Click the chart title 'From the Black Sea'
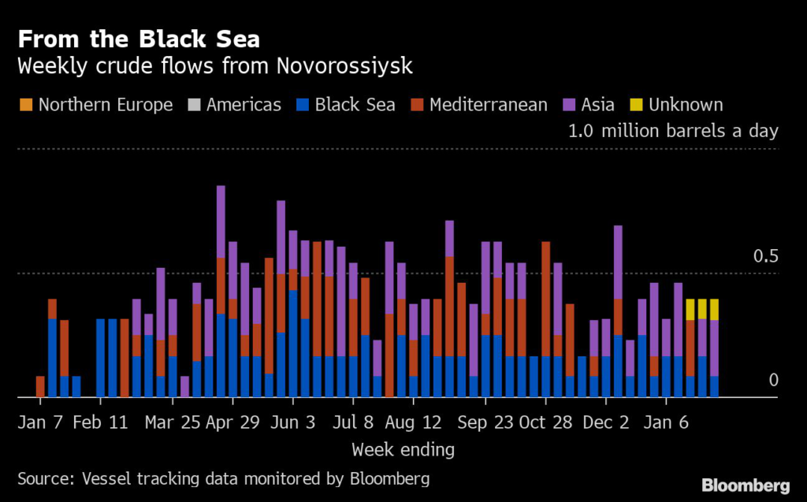coord(139,39)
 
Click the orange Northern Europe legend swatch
coord(25,105)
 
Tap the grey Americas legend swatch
coord(194,105)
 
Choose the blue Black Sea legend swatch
coord(302,105)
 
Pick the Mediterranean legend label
coord(488,105)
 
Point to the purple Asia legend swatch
coord(568,105)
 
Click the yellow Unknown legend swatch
coord(635,105)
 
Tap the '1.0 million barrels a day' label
coord(673,131)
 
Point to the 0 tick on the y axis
coord(773,381)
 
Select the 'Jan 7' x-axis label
coord(41,422)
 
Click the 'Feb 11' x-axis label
coord(100,422)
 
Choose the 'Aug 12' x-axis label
coord(414,422)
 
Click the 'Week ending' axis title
coord(403,450)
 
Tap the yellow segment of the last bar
coord(714,310)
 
